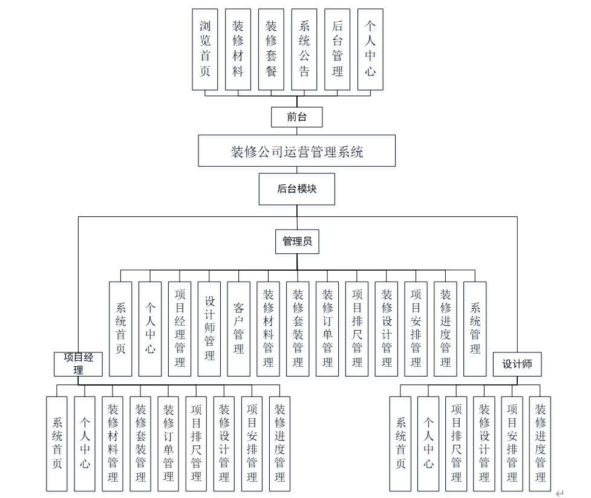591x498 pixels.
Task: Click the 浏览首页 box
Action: point(205,50)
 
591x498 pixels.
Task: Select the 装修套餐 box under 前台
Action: point(271,50)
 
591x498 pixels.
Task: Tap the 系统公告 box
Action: point(304,50)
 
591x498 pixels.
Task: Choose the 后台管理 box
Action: point(338,50)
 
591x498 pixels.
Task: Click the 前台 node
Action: point(296,117)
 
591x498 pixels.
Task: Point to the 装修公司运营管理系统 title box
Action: point(296,151)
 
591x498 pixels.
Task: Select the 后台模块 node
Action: point(296,189)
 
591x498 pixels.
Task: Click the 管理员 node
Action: point(296,242)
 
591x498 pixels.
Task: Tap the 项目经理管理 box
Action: point(180,329)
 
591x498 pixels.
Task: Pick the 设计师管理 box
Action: point(209,329)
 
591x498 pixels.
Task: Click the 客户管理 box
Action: point(238,329)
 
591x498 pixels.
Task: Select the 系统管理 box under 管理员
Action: point(475,329)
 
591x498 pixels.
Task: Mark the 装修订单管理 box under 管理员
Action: point(327,329)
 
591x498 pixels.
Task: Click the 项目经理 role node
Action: point(78,364)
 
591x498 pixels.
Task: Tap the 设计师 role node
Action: point(517,364)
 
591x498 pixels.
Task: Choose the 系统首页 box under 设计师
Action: point(400,444)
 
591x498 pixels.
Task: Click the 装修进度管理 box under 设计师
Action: point(540,444)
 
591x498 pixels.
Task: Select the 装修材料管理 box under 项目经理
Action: point(113,444)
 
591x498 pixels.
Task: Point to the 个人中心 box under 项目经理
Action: point(85,444)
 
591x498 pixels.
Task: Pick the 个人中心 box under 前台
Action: point(370,50)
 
